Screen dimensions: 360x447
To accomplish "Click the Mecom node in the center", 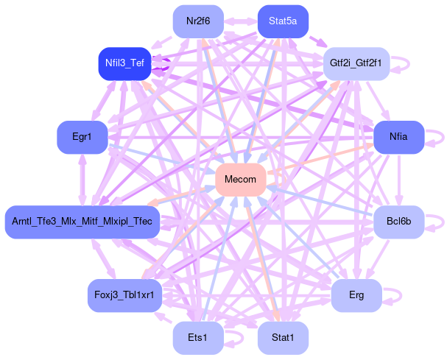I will [x=240, y=180].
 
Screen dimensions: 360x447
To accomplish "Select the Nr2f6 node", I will [x=198, y=21].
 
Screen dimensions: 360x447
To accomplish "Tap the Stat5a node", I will [x=283, y=21].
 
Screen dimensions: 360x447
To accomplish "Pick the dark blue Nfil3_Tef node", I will [x=124, y=64].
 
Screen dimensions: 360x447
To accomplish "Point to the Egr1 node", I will [x=82, y=137].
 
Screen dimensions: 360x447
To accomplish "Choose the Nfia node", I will [x=398, y=137].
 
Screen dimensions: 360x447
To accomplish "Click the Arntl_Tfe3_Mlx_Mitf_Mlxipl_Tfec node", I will [x=82, y=222].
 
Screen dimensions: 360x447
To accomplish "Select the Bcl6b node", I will [x=398, y=222].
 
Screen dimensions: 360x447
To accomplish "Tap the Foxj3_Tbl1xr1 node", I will [x=124, y=295].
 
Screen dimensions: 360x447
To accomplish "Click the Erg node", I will [x=356, y=295].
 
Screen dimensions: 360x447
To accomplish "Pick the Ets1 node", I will [x=198, y=338].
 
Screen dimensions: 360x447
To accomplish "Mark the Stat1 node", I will [x=283, y=338].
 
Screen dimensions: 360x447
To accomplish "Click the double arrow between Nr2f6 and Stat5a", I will [x=240, y=21].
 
